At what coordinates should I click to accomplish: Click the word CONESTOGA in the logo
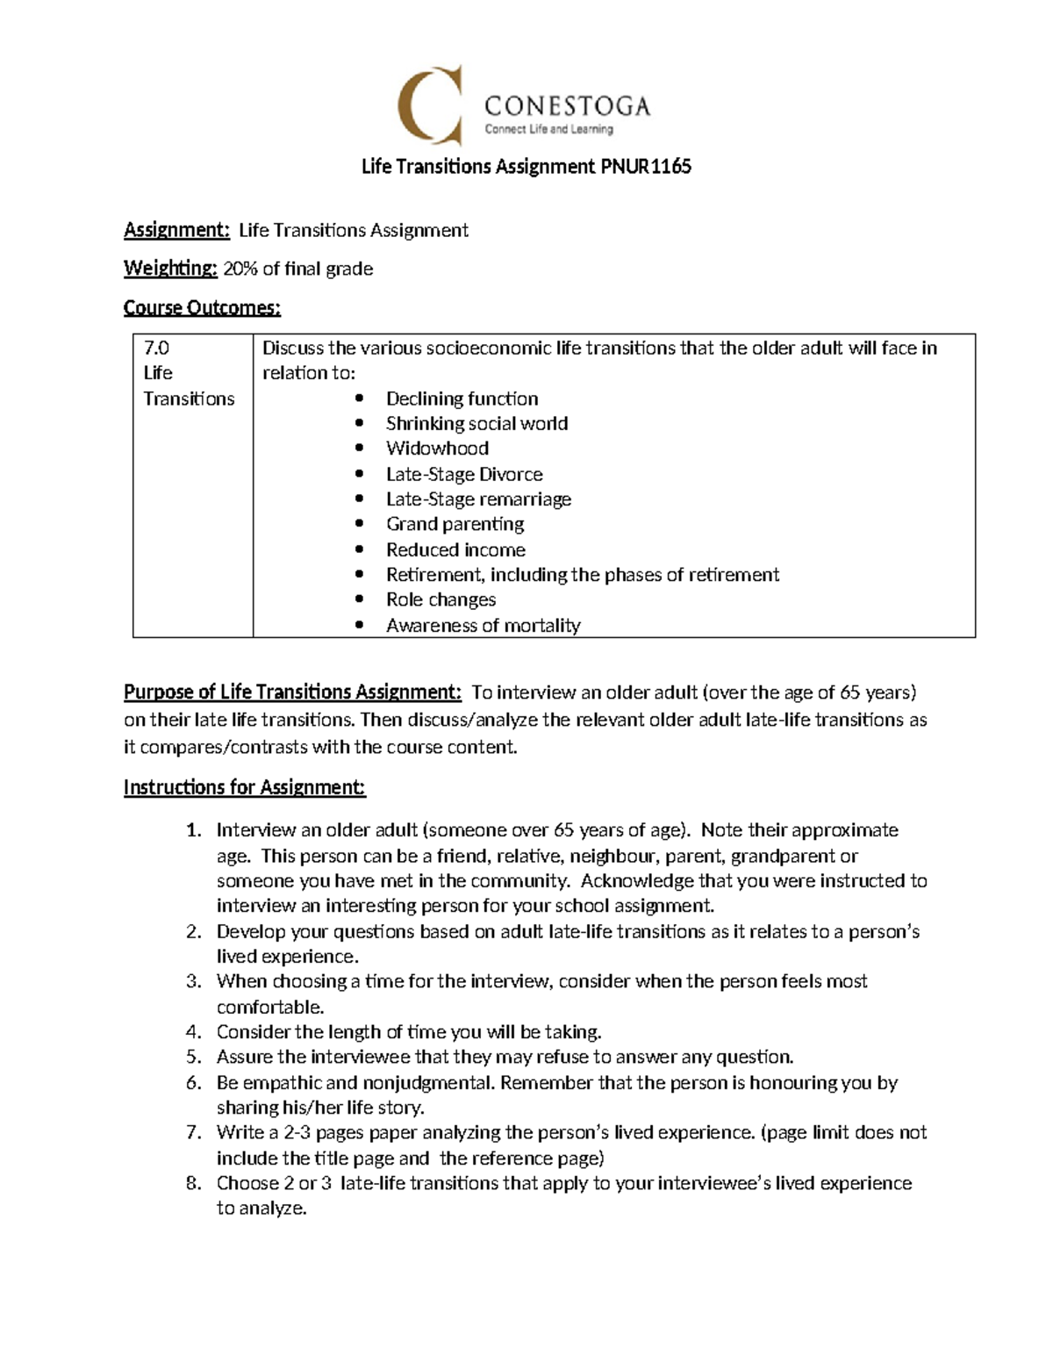point(567,107)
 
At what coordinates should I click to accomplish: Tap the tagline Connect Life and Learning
point(548,129)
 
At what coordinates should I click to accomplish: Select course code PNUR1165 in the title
point(646,167)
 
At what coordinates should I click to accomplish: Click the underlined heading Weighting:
point(170,269)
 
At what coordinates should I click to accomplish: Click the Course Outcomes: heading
point(202,308)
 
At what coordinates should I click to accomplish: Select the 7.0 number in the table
point(156,348)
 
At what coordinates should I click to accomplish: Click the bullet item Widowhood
point(437,448)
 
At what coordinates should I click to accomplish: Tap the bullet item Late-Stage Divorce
point(464,475)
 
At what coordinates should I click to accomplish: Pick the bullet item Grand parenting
point(455,524)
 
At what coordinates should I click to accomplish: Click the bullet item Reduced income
point(455,550)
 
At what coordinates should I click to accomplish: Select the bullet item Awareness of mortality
point(483,626)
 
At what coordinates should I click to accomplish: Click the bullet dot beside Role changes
point(359,600)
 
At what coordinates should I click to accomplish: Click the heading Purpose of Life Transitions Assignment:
point(292,692)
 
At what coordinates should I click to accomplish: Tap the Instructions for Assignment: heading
point(244,787)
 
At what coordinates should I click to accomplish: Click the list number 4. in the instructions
point(194,1032)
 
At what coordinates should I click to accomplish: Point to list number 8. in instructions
point(194,1184)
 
